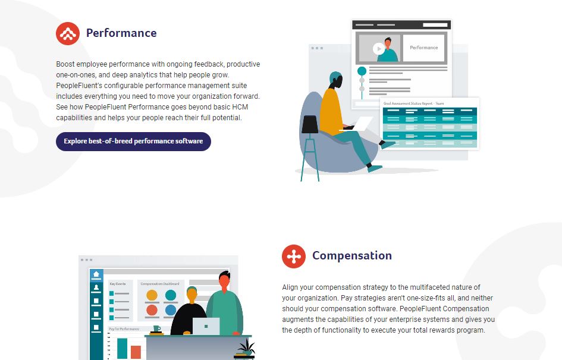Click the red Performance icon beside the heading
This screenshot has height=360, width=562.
[68, 33]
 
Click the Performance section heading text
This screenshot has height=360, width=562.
[121, 33]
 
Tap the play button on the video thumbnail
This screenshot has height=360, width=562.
[379, 49]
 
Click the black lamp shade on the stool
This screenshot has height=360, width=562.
[310, 124]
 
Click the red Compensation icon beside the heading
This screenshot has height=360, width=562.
[294, 256]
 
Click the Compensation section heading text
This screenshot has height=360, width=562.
[352, 256]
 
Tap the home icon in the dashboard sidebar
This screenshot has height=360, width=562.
[96, 274]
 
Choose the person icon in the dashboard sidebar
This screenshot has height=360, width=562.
[96, 287]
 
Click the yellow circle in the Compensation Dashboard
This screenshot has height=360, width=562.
[152, 295]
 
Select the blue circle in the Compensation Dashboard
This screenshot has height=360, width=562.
[171, 310]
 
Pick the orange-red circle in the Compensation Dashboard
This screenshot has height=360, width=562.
[152, 310]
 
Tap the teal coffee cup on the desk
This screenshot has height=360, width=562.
[156, 328]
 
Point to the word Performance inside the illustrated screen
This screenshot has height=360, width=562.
[424, 48]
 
